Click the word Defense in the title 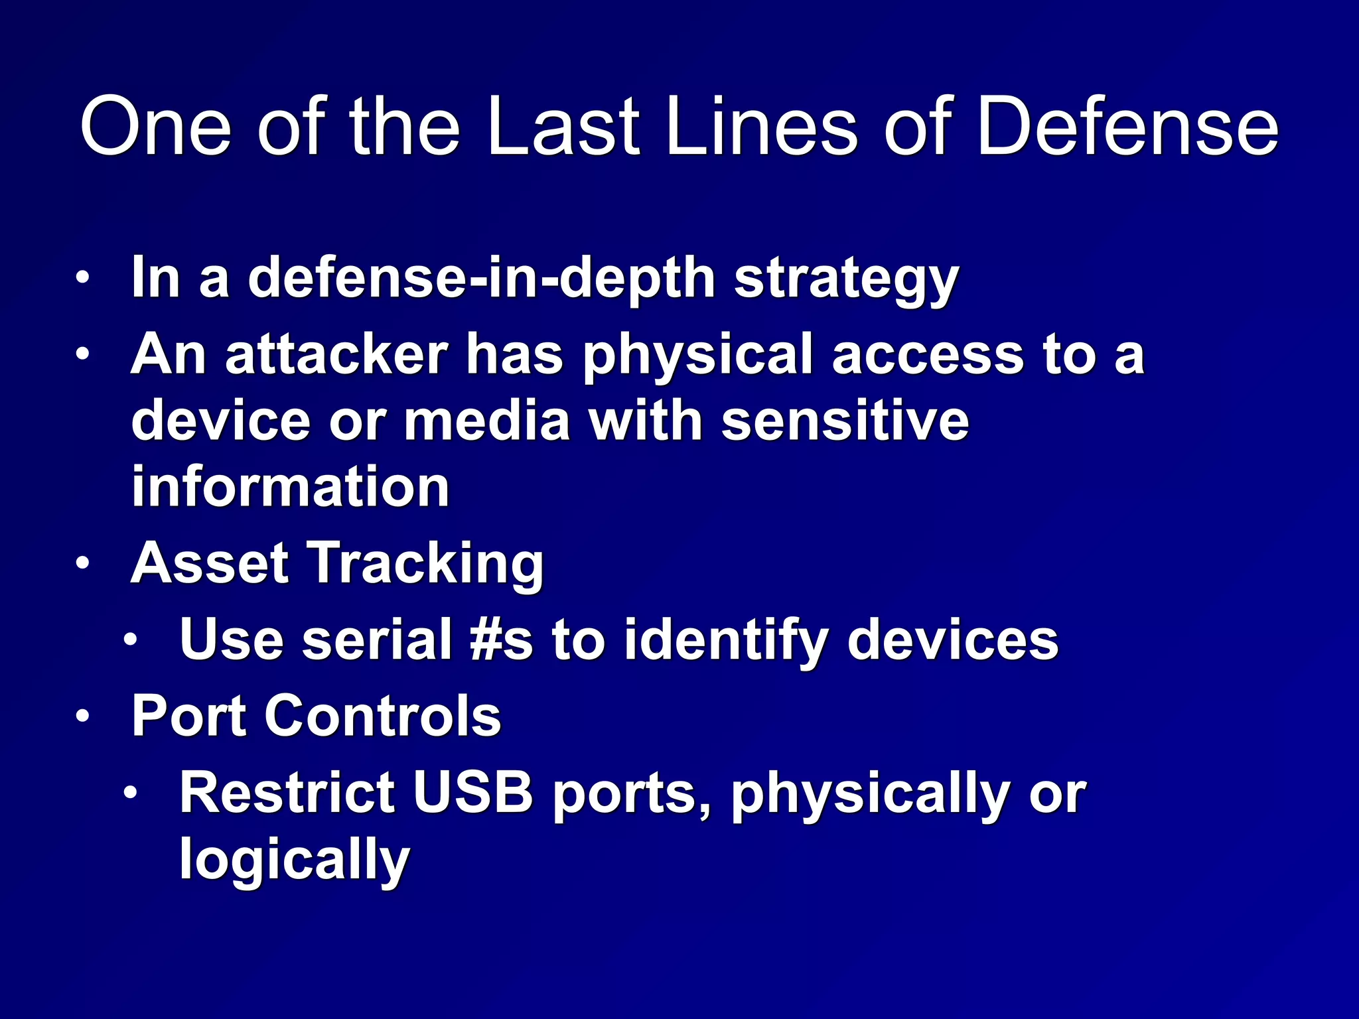[1127, 126]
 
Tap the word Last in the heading [563, 126]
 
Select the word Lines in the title [762, 126]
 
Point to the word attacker [336, 354]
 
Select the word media [487, 421]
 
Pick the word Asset [210, 563]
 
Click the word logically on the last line [295, 860]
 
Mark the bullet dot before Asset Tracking [82, 564]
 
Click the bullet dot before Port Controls [82, 716]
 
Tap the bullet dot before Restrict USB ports [131, 793]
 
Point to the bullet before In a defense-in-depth [82, 277]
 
